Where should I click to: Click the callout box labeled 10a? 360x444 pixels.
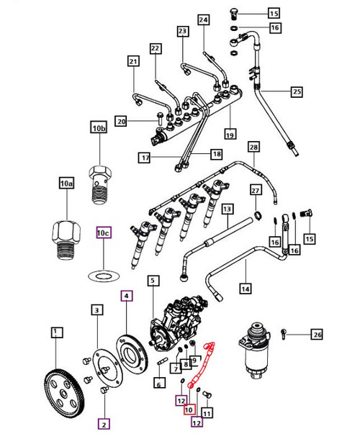[x=66, y=184]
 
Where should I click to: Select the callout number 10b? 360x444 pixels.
[x=99, y=129]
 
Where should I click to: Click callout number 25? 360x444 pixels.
[x=297, y=91]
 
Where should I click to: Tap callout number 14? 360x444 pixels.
[x=246, y=289]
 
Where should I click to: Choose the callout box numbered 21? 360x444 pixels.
[x=132, y=62]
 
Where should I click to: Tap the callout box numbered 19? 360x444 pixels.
[x=230, y=135]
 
